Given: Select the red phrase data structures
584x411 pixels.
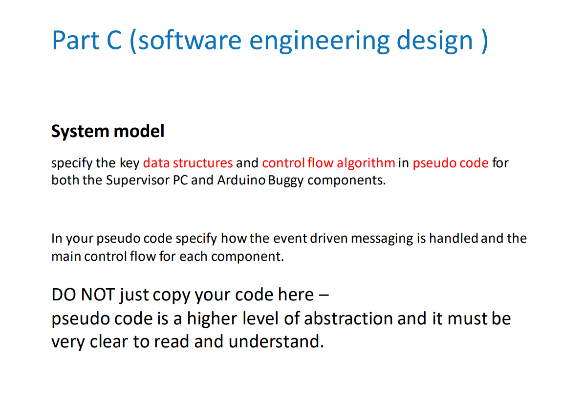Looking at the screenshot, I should [188, 162].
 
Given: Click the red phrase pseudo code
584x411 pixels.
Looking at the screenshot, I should [450, 162].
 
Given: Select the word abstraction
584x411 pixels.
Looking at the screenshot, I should [348, 319].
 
